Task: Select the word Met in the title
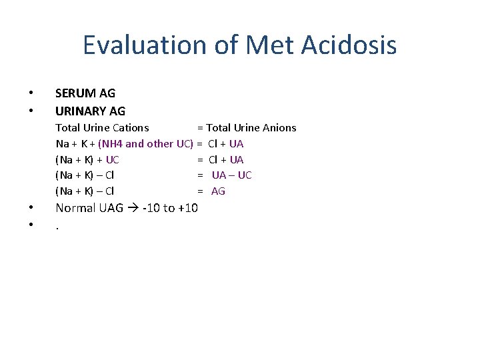tap(268, 45)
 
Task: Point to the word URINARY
tap(82, 111)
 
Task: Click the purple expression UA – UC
tap(231, 175)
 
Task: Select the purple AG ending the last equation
tap(218, 191)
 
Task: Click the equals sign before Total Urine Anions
tap(199, 127)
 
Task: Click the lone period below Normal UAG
tap(57, 227)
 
